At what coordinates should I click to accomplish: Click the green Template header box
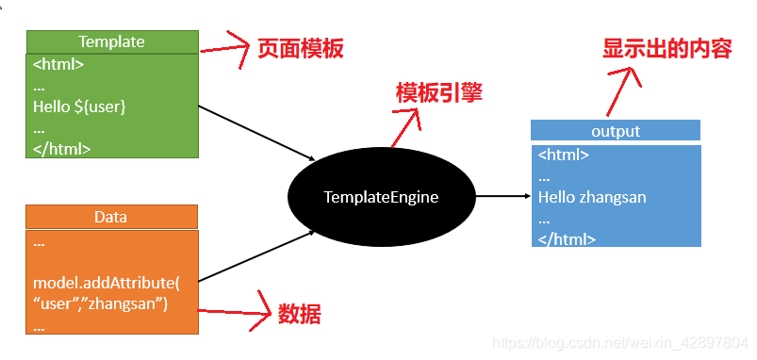[111, 41]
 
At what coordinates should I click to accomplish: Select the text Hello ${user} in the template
[79, 106]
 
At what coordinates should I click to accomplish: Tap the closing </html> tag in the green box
[61, 148]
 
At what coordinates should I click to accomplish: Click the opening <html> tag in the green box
[58, 66]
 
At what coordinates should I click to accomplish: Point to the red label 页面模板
[300, 49]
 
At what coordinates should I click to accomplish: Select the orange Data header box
[111, 217]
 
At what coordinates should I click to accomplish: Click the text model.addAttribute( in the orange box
[107, 283]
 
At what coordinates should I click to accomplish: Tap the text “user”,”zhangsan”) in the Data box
[101, 303]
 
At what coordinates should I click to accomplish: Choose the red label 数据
[299, 315]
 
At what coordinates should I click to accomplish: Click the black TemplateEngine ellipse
[381, 197]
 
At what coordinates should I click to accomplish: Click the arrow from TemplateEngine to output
[502, 197]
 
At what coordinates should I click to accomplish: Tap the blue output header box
[615, 131]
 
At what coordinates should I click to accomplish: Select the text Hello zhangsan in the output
[592, 198]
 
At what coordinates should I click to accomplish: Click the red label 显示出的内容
[666, 49]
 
